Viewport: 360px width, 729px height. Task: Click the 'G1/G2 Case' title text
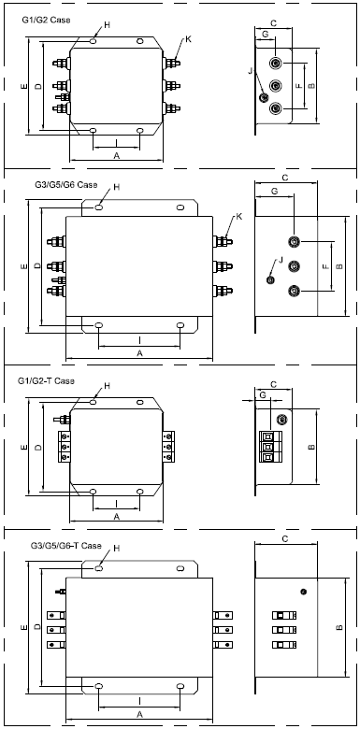(46, 20)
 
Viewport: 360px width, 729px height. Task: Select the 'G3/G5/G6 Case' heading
(66, 184)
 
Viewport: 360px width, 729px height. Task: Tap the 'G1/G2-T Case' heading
(46, 381)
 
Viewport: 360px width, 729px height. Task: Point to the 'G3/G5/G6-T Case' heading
(65, 546)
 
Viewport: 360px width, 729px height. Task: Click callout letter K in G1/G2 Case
(188, 39)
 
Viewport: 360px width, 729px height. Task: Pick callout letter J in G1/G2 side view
(251, 71)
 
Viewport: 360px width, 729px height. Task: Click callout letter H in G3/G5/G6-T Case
(117, 549)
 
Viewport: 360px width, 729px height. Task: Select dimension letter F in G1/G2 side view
(299, 86)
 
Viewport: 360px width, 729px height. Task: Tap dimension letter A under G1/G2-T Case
(117, 516)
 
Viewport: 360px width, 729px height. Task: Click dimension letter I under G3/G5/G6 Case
(140, 340)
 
